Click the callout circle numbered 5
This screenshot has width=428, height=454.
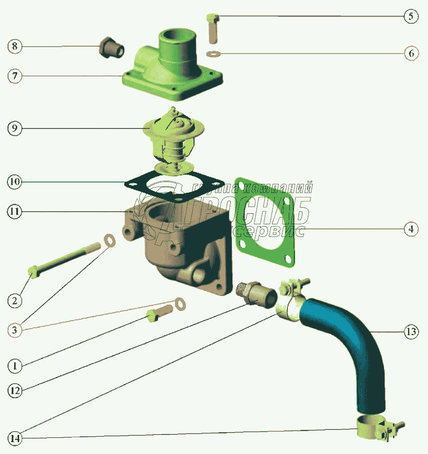pos(411,17)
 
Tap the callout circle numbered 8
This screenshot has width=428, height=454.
pos(15,46)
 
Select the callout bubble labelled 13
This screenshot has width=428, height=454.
pos(411,332)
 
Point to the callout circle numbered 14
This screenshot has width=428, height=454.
pos(15,439)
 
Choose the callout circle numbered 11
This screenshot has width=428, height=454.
pos(15,211)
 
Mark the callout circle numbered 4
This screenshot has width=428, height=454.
pos(411,229)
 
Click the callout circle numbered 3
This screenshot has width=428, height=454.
pos(15,330)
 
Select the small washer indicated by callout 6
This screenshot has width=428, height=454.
pos(212,54)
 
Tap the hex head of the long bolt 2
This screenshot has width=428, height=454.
pos(33,271)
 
